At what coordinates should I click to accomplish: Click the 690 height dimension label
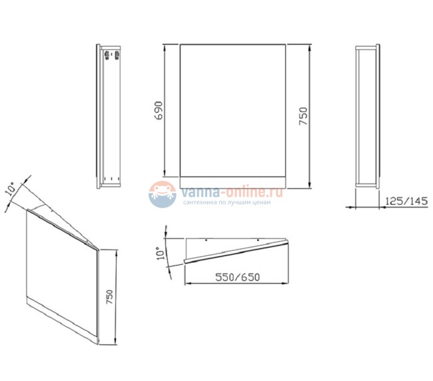point(159,111)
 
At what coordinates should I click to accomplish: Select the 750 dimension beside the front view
point(303,117)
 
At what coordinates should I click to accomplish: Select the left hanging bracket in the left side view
point(107,55)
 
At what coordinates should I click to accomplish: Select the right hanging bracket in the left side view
point(117,55)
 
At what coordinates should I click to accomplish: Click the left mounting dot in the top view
point(206,240)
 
